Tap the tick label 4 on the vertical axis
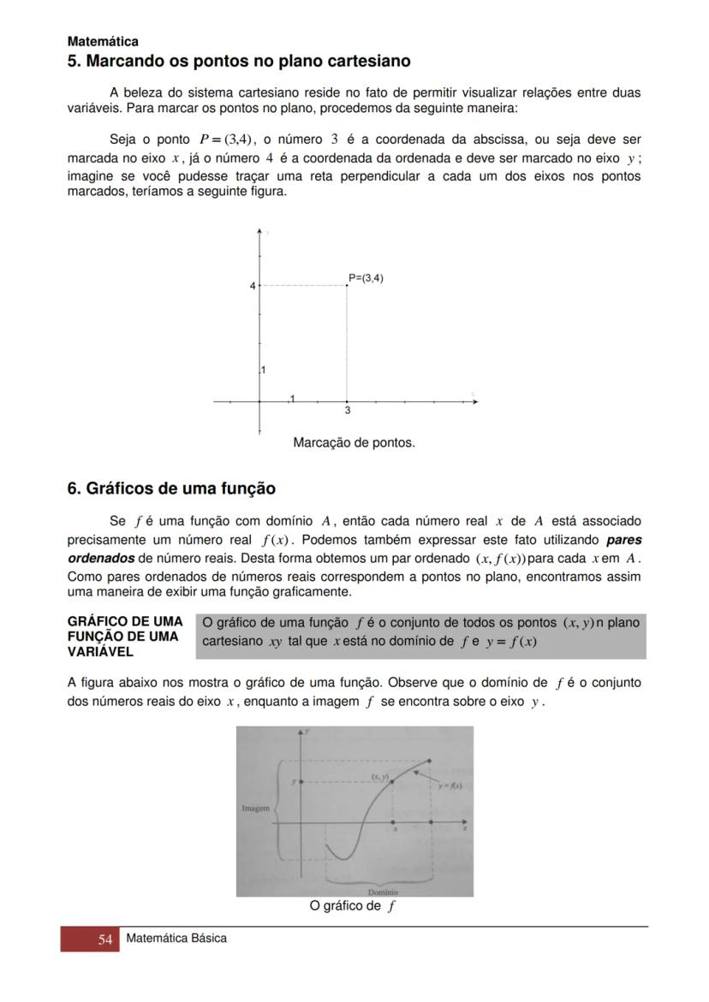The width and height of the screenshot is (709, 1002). tap(253, 286)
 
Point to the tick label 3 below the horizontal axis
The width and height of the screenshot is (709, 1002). tap(347, 411)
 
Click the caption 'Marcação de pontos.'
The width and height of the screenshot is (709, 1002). tap(354, 442)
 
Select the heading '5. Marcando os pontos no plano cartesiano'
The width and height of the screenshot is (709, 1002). tap(239, 62)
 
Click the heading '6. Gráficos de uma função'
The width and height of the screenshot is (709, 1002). tap(171, 489)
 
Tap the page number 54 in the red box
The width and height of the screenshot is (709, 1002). tap(105, 940)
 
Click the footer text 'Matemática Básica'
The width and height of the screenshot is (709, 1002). tap(176, 939)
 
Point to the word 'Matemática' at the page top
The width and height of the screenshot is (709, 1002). tap(103, 41)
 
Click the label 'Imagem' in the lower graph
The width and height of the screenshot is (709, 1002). tap(255, 808)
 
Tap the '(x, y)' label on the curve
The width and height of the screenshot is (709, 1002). tap(379, 776)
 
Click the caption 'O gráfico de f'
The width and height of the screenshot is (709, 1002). tap(352, 906)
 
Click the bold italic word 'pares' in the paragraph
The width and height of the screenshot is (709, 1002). tap(624, 540)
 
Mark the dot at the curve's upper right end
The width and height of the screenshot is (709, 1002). tap(430, 760)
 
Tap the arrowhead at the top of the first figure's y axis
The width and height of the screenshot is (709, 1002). tap(259, 231)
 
